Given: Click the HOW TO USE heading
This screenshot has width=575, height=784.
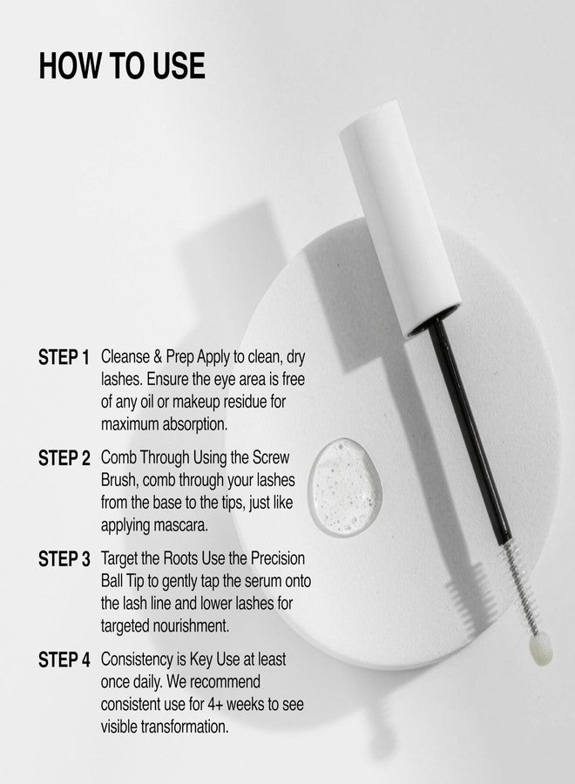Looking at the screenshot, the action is (122, 65).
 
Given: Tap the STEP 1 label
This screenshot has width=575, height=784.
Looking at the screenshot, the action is (64, 357).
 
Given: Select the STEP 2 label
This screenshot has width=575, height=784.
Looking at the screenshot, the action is (64, 458).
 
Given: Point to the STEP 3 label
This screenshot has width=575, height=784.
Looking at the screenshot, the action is (64, 559).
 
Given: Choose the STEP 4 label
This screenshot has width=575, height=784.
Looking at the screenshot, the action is (64, 660).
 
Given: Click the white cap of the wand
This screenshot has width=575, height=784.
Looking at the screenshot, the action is (400, 218).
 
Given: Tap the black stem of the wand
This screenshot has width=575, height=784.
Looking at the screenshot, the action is (469, 430).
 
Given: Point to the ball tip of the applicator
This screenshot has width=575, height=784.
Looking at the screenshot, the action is (541, 649).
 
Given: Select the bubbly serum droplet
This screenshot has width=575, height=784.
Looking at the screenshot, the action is (344, 487).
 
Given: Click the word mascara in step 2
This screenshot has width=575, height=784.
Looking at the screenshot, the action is (180, 525).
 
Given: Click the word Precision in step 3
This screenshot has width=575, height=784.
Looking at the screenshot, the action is (278, 558).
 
